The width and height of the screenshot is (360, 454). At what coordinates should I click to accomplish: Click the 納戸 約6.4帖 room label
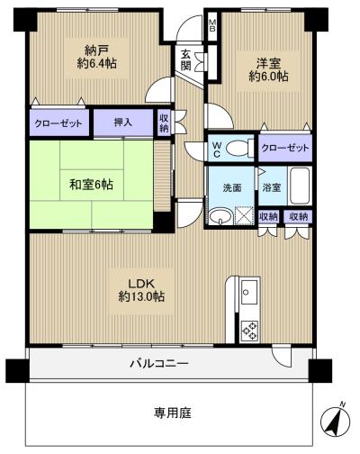tap(96, 57)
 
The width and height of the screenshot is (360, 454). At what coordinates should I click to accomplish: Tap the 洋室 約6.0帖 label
tap(268, 69)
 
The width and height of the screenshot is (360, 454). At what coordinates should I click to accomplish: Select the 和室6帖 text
tap(91, 185)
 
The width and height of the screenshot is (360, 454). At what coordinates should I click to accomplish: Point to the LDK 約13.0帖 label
tap(141, 290)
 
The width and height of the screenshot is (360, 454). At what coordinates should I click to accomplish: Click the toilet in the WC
tap(238, 149)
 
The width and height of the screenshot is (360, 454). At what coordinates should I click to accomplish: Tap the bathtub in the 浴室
tap(299, 186)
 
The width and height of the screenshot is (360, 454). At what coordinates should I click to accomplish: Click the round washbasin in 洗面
tap(220, 216)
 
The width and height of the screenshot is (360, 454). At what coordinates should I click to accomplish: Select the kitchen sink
tap(249, 292)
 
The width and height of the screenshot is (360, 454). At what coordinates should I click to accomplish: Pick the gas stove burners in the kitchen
tap(249, 331)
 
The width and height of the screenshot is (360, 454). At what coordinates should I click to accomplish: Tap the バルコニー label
tap(159, 364)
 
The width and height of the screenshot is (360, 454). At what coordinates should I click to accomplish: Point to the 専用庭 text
tap(173, 413)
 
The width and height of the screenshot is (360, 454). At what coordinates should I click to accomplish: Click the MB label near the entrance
tap(212, 25)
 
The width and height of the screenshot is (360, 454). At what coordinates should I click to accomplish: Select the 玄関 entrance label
tap(186, 60)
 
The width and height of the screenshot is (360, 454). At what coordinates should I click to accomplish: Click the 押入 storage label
tap(123, 123)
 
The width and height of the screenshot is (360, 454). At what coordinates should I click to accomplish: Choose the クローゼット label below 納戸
tap(58, 123)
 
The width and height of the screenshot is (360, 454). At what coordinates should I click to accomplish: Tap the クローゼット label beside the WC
tap(285, 148)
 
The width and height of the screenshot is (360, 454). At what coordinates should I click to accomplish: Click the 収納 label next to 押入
tap(164, 123)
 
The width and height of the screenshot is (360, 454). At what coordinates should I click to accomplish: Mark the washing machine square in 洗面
tap(244, 215)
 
